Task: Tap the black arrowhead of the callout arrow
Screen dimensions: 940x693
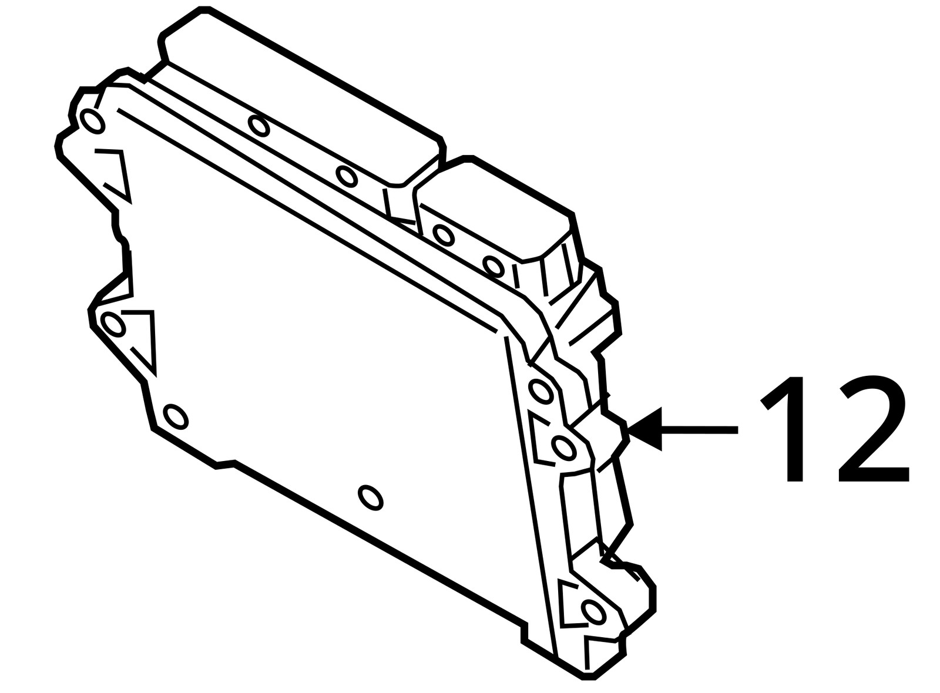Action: pos(644,429)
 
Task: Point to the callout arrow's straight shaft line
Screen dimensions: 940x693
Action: pos(700,429)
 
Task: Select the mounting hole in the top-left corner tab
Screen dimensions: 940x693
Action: pos(93,121)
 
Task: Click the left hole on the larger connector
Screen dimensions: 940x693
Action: pos(259,126)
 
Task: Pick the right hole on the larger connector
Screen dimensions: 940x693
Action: pos(347,177)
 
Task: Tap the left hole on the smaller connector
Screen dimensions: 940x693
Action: pos(444,236)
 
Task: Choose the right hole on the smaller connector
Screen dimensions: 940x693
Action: pos(493,266)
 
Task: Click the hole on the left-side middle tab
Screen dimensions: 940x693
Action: pos(113,324)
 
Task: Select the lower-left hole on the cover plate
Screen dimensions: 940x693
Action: pos(176,416)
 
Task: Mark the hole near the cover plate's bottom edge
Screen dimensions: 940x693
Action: pos(371,498)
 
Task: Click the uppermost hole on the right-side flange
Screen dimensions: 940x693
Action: pos(541,391)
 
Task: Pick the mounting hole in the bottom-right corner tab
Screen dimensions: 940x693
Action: pos(593,611)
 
